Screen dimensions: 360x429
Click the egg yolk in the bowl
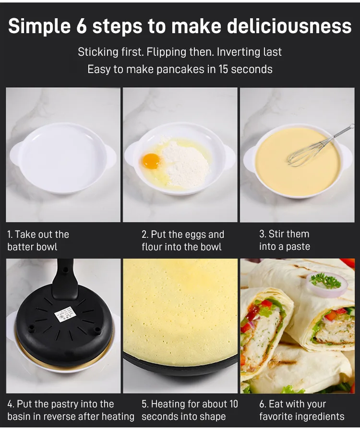[151, 161]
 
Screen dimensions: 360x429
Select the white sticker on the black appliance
[65, 314]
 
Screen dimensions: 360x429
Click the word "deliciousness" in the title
[289, 26]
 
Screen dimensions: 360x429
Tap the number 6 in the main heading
[81, 26]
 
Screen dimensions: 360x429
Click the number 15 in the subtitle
[223, 69]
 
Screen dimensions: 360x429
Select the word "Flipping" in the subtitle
[167, 52]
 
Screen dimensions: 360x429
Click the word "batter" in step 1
[20, 247]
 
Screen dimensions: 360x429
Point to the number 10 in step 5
[233, 404]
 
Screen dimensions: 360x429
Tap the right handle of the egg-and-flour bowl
[229, 157]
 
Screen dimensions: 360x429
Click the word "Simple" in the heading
[39, 26]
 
